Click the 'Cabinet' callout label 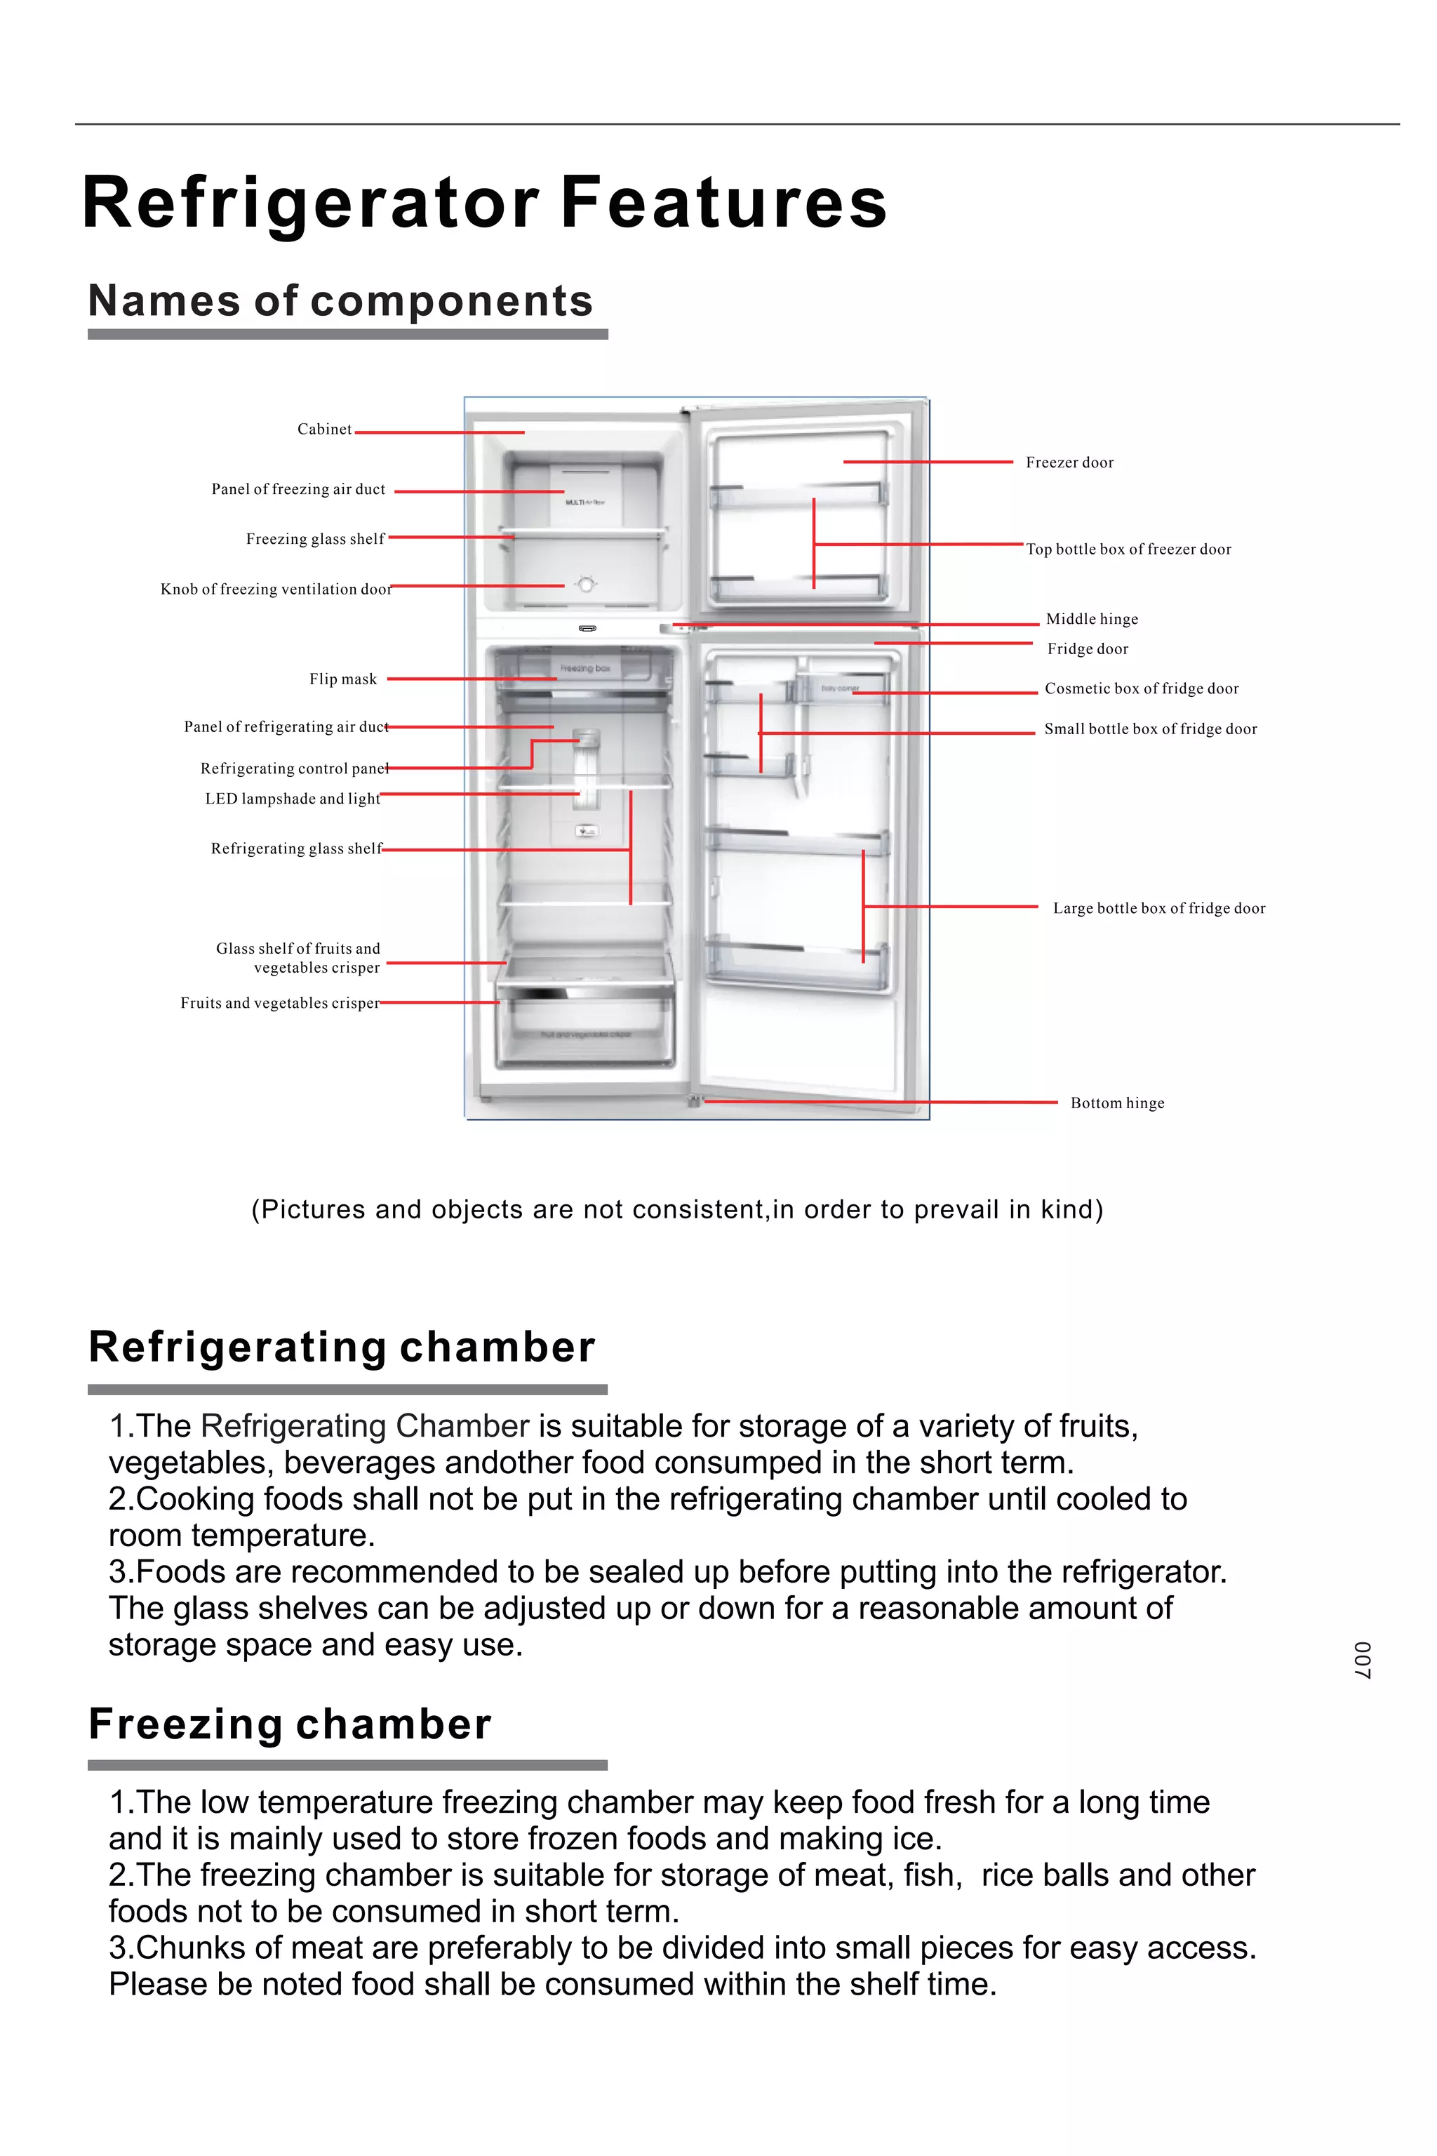[x=323, y=429]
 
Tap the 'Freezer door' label [x=1069, y=463]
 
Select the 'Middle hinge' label [x=1092, y=619]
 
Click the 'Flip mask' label [x=342, y=679]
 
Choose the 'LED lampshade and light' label [x=293, y=799]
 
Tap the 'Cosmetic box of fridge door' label [x=1141, y=688]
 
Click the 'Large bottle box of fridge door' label [x=1158, y=908]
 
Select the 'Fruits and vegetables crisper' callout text [x=279, y=1003]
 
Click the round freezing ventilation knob [x=587, y=584]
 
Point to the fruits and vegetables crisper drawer [x=584, y=1031]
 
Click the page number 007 [x=1363, y=1660]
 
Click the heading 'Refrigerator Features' [x=484, y=203]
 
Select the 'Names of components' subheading [x=341, y=300]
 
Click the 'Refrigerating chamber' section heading [x=342, y=1347]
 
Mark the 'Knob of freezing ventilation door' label [x=276, y=590]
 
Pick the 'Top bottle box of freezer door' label [x=1128, y=549]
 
